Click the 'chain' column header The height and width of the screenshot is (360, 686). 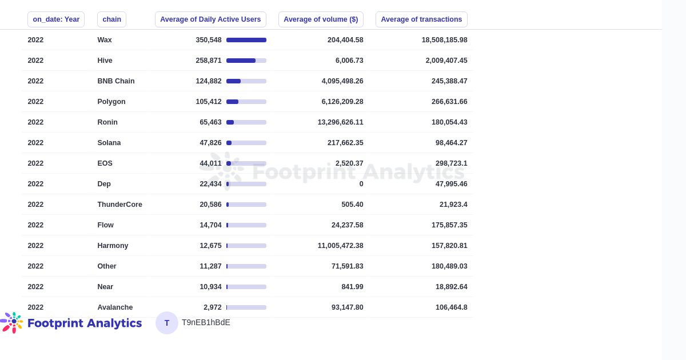click(111, 19)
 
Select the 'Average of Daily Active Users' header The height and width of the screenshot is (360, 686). click(210, 19)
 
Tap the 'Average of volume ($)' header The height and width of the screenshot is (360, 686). click(321, 19)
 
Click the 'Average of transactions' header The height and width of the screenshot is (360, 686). click(421, 19)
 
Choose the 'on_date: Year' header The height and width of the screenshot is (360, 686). click(56, 19)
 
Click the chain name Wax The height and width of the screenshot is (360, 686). click(105, 40)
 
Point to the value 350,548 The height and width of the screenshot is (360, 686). click(209, 40)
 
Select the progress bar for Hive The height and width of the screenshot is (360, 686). click(246, 61)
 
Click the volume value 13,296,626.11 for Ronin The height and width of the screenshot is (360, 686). click(340, 122)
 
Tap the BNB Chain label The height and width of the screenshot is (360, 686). click(116, 81)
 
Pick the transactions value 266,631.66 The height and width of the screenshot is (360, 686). click(449, 102)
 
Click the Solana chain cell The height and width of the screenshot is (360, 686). click(109, 143)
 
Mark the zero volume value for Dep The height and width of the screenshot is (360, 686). click(361, 184)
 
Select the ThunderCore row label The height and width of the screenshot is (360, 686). click(119, 205)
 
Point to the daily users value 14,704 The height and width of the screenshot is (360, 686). click(210, 225)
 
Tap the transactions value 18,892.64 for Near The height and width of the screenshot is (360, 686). click(451, 287)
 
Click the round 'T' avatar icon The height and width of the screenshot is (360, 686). click(167, 323)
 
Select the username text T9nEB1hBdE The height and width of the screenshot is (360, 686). click(206, 322)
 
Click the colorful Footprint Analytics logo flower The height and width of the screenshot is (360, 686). click(13, 322)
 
